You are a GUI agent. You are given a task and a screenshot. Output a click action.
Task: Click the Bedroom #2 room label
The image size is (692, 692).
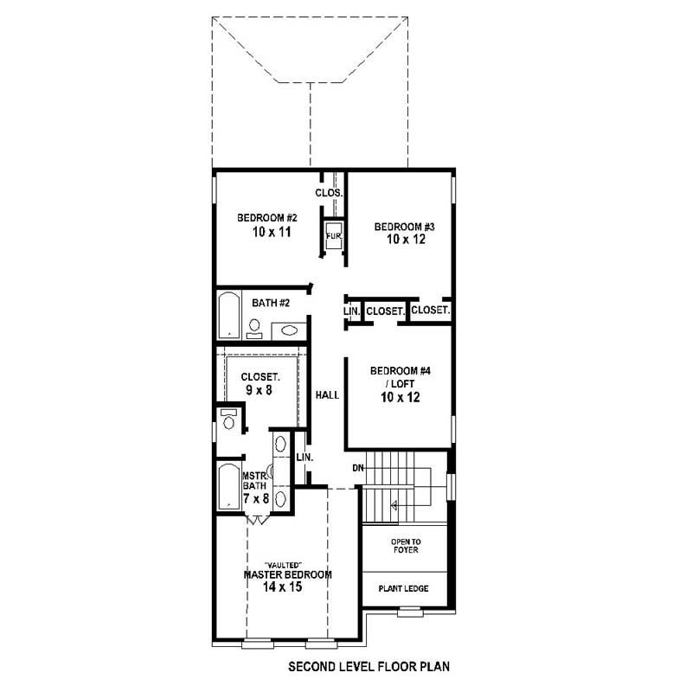(x=267, y=217)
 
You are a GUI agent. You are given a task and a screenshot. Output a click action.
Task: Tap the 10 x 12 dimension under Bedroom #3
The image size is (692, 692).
(x=406, y=240)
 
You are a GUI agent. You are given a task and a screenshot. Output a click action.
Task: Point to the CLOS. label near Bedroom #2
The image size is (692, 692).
(x=329, y=193)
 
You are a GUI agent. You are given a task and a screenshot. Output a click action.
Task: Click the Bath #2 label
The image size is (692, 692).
(x=270, y=303)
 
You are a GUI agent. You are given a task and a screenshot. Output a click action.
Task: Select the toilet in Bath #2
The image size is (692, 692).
(x=255, y=327)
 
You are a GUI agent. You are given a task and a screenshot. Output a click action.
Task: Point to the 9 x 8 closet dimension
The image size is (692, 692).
(x=259, y=390)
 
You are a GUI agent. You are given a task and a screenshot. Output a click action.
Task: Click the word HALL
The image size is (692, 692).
(x=327, y=394)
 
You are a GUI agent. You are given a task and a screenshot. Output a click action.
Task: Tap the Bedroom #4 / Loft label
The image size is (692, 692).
(x=400, y=377)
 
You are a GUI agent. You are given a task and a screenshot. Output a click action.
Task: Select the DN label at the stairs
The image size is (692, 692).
(x=357, y=468)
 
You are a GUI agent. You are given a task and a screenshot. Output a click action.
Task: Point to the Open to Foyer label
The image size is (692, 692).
(x=405, y=547)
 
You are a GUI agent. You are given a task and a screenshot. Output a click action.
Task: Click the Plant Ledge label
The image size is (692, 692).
(x=404, y=588)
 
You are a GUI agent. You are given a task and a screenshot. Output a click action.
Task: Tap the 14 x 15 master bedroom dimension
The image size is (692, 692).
(x=282, y=586)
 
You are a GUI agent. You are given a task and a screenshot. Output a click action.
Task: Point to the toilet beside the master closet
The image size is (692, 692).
(x=228, y=421)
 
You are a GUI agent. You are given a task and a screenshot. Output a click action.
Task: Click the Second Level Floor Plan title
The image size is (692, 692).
(x=368, y=668)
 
